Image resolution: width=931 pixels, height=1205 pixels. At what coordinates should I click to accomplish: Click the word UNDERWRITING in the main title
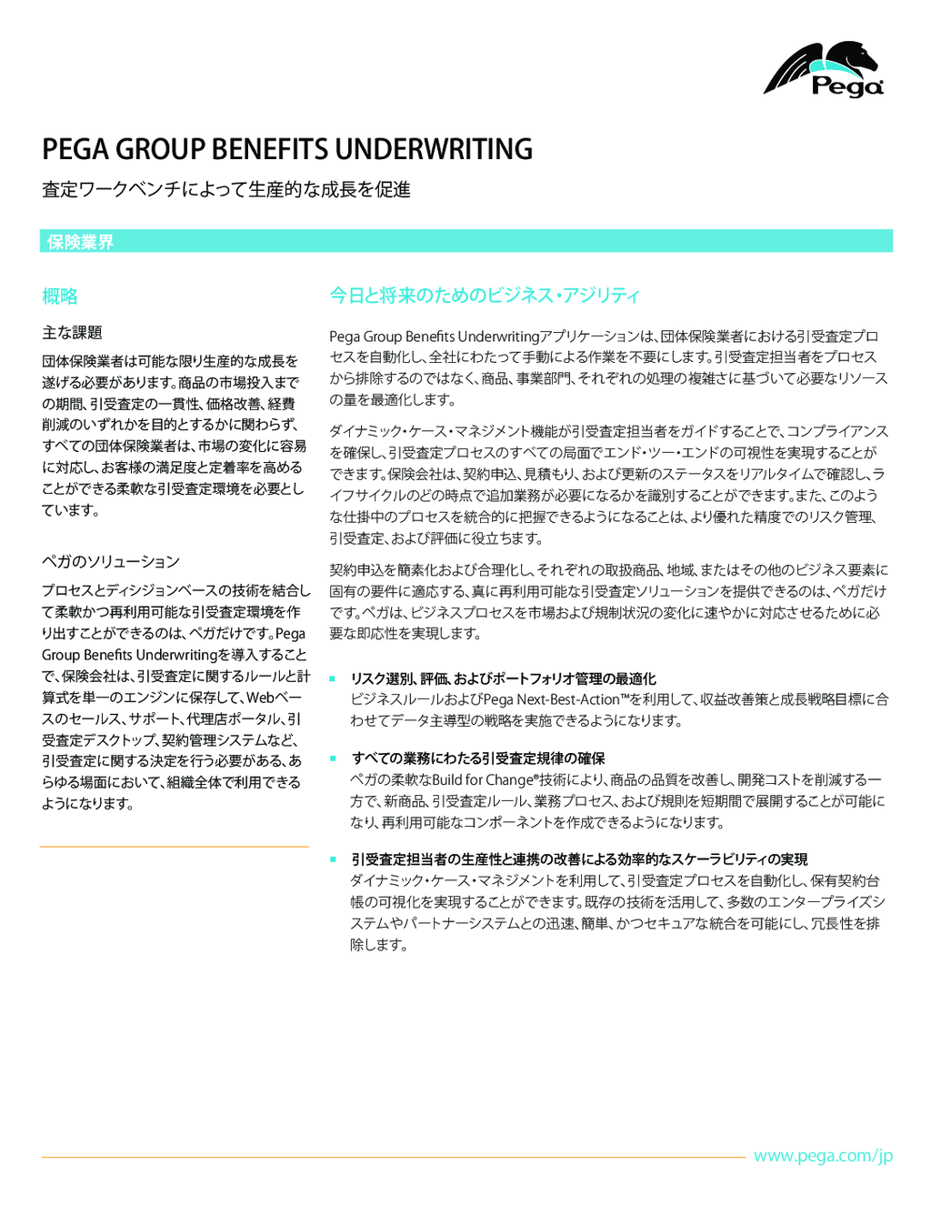pyautogui.click(x=434, y=149)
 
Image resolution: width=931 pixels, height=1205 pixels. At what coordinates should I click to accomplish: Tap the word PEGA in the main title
pyautogui.click(x=75, y=149)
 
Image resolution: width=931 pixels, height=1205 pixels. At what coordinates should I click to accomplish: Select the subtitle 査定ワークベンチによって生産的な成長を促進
pyautogui.click(x=226, y=189)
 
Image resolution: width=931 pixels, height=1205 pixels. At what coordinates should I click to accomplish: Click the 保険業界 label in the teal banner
pyautogui.click(x=80, y=242)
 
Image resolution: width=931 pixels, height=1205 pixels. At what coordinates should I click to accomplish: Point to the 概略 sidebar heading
pyautogui.click(x=60, y=296)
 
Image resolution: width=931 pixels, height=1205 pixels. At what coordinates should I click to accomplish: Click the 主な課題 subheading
pyautogui.click(x=72, y=333)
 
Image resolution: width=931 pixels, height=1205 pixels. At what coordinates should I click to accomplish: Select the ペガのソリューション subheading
pyautogui.click(x=110, y=562)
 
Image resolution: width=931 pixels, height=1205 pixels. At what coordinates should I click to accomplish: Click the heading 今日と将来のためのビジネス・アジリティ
pyautogui.click(x=484, y=296)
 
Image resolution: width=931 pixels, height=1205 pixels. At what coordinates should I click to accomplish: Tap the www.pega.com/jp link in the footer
pyautogui.click(x=823, y=1156)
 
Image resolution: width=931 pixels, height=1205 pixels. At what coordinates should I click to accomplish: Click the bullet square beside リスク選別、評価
pyautogui.click(x=333, y=678)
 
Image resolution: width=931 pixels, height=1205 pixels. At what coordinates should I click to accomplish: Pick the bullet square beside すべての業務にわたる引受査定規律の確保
pyautogui.click(x=333, y=758)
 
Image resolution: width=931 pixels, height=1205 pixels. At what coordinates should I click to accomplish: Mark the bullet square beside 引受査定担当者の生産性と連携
pyautogui.click(x=333, y=859)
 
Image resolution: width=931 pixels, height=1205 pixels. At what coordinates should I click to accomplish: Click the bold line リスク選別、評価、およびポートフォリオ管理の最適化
pyautogui.click(x=503, y=679)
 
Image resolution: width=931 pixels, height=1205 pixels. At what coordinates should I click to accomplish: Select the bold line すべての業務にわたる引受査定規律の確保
pyautogui.click(x=477, y=758)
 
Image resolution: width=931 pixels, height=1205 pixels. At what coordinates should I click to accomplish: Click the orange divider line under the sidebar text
pyautogui.click(x=175, y=847)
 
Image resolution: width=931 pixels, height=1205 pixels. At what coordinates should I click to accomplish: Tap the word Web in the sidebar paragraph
pyautogui.click(x=260, y=698)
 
